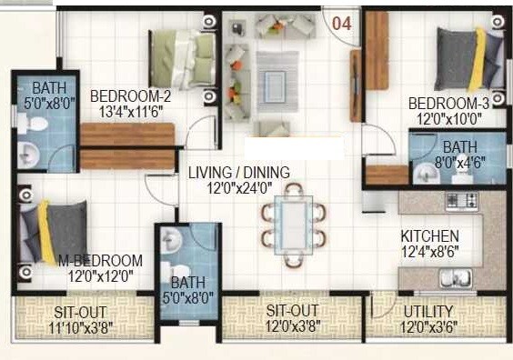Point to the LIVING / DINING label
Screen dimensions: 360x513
[x=239, y=173]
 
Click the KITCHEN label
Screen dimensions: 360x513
[x=430, y=236]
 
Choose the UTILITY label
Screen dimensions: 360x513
[x=429, y=311]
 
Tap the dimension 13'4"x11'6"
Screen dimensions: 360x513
[x=131, y=111]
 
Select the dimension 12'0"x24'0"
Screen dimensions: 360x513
[x=239, y=188]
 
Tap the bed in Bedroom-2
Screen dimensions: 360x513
[x=182, y=56]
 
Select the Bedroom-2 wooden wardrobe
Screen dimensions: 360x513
[x=126, y=146]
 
